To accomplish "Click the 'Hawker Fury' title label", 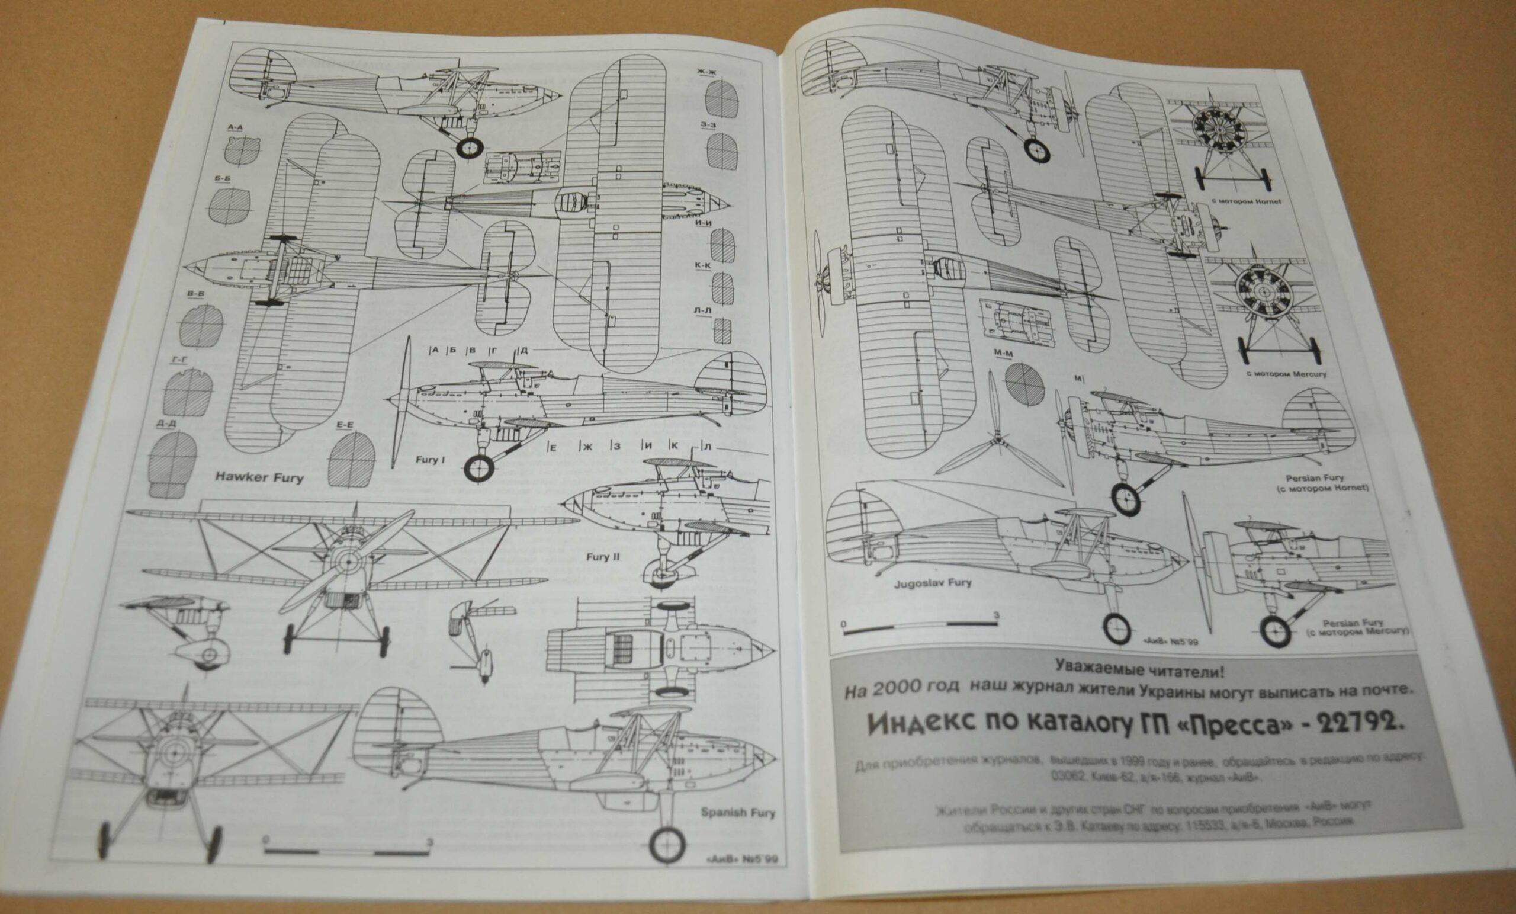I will coord(259,477).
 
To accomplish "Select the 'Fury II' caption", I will coord(602,557).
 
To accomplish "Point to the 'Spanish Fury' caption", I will coord(738,813).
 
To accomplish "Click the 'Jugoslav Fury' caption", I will coord(933,582).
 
